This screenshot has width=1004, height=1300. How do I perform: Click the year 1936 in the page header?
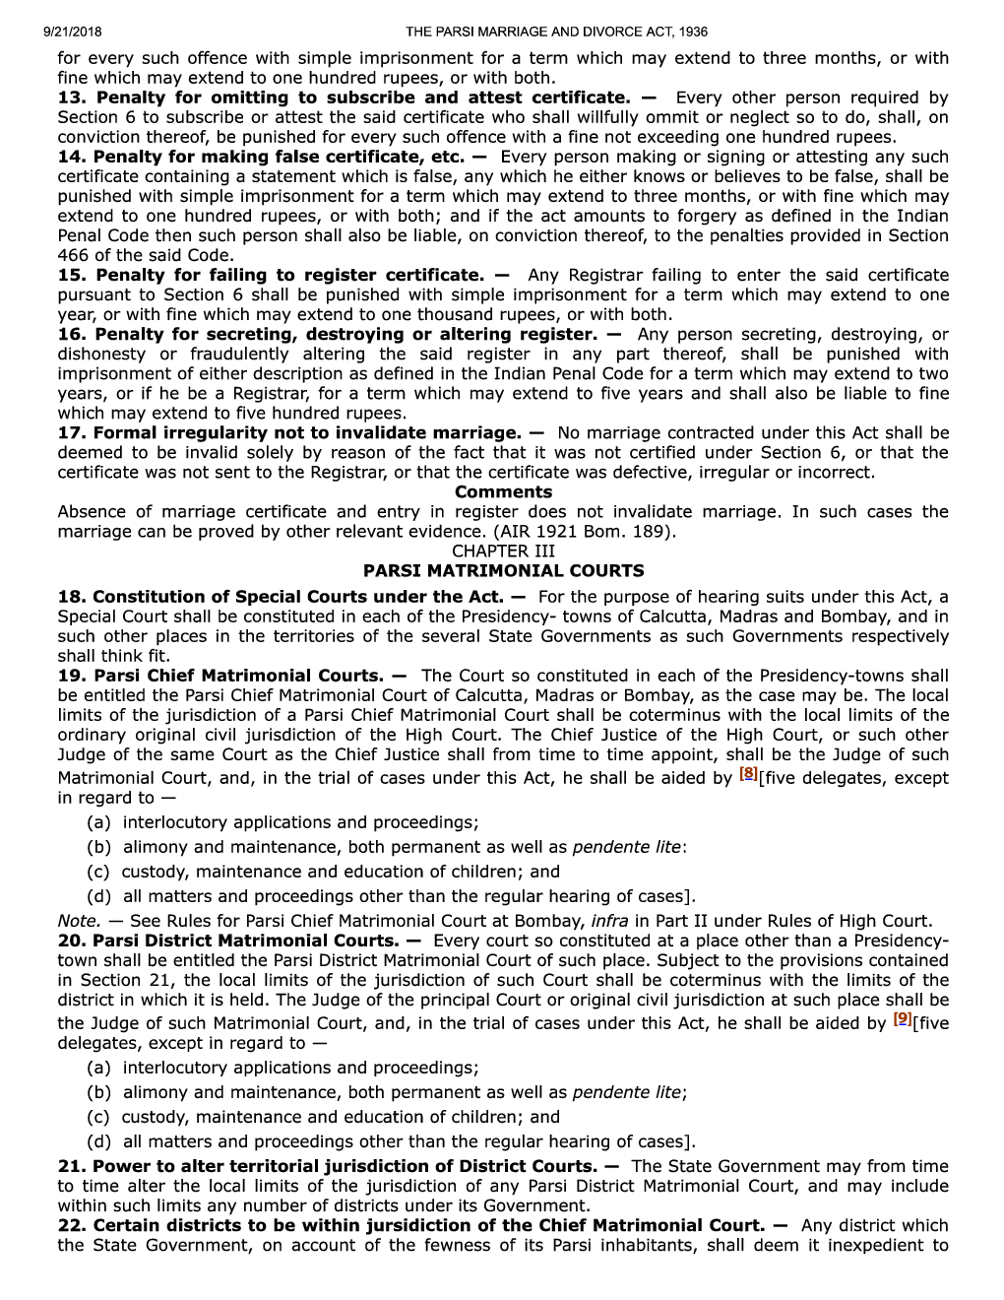point(691,32)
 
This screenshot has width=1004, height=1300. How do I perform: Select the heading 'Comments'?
point(503,491)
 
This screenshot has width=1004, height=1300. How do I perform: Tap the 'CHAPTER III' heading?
point(503,551)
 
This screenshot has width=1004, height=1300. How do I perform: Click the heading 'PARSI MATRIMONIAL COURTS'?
point(503,570)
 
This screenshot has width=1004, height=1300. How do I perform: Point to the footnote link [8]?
point(749,775)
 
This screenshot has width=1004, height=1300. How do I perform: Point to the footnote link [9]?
point(902,1020)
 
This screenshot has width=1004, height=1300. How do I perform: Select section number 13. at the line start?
point(72,97)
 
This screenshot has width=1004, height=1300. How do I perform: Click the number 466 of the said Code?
point(74,255)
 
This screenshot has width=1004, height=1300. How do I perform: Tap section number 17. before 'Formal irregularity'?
point(72,432)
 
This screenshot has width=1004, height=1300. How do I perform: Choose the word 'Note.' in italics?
point(79,921)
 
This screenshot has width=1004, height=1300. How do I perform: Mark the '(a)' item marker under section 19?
point(98,822)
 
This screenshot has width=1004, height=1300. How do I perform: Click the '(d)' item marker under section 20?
point(98,1141)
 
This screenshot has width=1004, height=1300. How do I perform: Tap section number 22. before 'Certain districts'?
point(72,1225)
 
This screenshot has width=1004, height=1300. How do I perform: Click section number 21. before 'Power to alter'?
point(72,1166)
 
